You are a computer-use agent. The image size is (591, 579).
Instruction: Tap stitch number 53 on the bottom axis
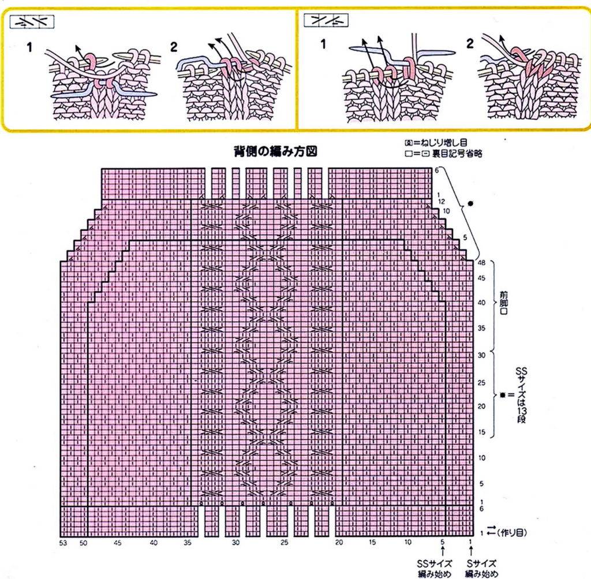point(63,543)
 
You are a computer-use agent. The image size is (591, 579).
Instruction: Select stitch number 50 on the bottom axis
point(84,543)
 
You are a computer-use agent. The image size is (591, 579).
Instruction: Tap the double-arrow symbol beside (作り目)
point(492,531)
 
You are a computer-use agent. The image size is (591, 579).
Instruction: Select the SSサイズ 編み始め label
point(435,567)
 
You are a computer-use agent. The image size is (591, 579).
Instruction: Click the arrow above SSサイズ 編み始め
point(442,552)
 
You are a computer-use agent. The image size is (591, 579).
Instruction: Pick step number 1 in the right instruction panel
point(323,44)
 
